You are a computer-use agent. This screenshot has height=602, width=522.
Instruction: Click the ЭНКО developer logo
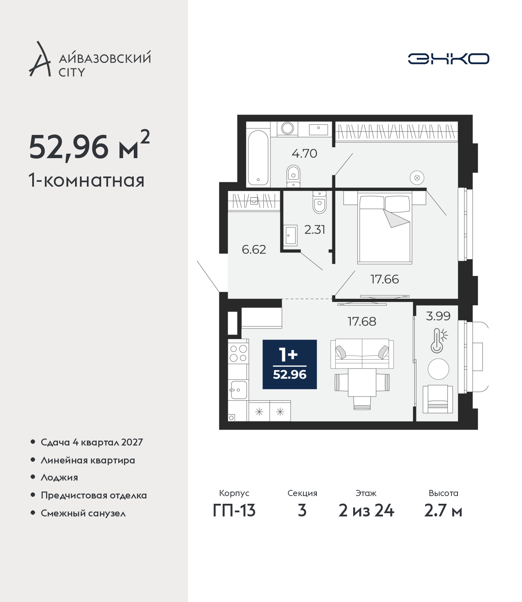point(448,59)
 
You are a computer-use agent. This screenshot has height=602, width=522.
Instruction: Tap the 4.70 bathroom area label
point(304,154)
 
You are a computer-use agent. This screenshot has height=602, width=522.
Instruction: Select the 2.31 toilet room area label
point(314,230)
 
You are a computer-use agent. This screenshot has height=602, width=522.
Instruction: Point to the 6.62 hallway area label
point(254,249)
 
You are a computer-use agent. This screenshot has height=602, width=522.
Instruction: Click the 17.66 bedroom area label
point(385,279)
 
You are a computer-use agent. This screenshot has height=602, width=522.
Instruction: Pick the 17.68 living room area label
point(362,322)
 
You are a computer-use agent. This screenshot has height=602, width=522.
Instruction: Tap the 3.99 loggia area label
point(438,316)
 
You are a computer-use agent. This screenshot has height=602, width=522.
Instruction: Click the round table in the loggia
point(438,369)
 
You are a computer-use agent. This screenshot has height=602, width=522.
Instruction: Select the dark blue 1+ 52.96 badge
point(290,364)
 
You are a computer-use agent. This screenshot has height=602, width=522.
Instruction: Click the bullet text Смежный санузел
point(83,513)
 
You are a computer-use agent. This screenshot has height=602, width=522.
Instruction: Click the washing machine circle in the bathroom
point(288,128)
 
